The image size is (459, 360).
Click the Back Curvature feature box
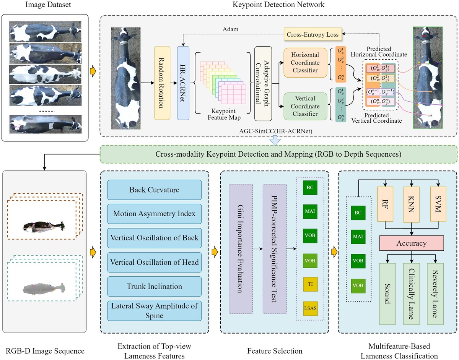click(155, 190)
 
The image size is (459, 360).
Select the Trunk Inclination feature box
click(155, 286)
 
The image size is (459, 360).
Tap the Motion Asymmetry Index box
click(155, 214)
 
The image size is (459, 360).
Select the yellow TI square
click(310, 284)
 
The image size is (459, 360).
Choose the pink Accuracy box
click(411, 243)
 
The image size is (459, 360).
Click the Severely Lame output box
click(436, 294)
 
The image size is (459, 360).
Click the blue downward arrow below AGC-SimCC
click(275, 141)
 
